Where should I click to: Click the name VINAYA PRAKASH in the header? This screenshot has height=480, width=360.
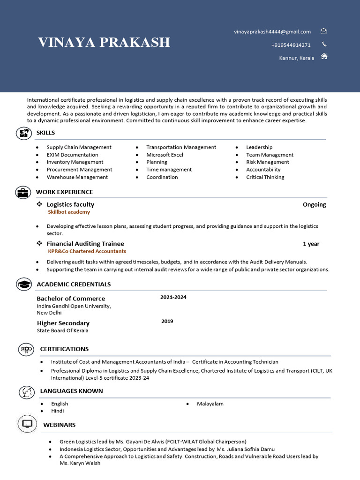[x=104, y=42]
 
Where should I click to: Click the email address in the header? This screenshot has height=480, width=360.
[x=272, y=32]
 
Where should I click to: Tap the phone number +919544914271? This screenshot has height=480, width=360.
[x=291, y=45]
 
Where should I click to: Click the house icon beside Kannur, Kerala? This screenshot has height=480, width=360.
[x=324, y=57]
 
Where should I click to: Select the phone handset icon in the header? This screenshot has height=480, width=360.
[x=324, y=45]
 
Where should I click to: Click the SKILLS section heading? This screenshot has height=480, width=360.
[x=45, y=133]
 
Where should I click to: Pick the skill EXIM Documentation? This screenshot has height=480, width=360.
[x=72, y=155]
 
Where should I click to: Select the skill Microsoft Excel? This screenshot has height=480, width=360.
[x=165, y=155]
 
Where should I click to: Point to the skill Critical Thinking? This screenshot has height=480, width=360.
[x=265, y=177]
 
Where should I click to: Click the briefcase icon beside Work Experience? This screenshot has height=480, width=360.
[x=22, y=192]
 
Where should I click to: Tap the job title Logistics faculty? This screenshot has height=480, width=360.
[x=70, y=204]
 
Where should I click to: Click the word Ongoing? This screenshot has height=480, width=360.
[x=314, y=204]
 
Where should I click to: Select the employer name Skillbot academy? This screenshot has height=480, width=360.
[x=69, y=212]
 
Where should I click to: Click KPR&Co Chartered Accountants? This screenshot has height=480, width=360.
[x=87, y=251]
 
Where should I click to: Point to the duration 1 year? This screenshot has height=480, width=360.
[x=311, y=244]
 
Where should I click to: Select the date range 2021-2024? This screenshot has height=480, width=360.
[x=173, y=297]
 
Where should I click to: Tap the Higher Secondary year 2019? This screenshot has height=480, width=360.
[x=167, y=321]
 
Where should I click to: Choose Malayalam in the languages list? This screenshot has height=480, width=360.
[x=210, y=404]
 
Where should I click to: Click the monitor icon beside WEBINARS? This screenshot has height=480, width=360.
[x=27, y=424]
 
